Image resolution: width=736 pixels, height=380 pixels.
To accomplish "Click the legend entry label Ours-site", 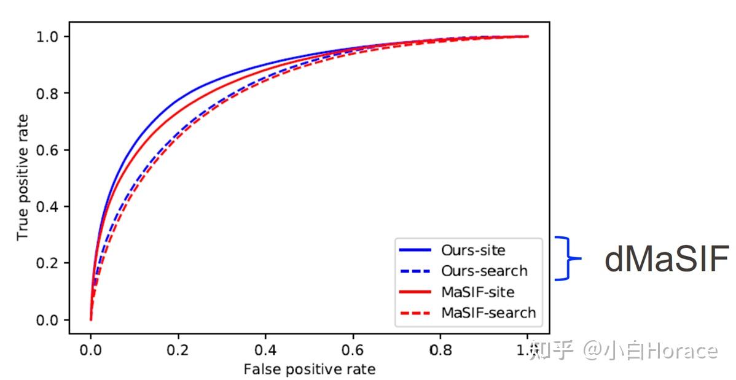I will (x=473, y=250).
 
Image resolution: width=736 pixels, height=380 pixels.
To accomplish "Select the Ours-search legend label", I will (x=484, y=271).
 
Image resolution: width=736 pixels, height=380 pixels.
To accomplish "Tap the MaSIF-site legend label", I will (x=477, y=292).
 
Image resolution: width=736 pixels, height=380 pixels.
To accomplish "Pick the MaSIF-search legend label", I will (x=488, y=312).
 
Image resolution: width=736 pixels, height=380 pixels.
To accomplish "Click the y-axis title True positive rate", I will (x=23, y=177).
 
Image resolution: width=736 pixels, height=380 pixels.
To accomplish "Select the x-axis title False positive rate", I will (x=309, y=369).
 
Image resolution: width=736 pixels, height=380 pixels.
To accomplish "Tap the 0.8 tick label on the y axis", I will (x=50, y=93).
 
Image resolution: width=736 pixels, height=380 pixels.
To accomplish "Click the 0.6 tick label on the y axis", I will (x=50, y=150).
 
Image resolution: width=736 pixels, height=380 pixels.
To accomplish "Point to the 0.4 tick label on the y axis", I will (x=50, y=206).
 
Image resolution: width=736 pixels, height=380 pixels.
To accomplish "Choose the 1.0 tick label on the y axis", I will (x=50, y=37).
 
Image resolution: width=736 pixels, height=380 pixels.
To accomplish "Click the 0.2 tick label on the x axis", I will (x=178, y=351).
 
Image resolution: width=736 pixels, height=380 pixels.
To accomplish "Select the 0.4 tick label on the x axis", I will (x=265, y=351).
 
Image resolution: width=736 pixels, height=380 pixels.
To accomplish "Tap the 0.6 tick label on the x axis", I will (x=353, y=351).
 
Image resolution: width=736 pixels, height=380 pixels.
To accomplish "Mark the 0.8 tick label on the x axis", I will (x=440, y=351).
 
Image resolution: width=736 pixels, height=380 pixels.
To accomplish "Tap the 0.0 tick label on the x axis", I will (x=91, y=351).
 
